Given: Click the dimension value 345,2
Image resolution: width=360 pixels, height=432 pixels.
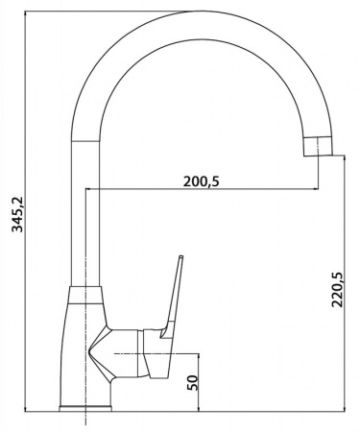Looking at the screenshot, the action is tap(17, 214).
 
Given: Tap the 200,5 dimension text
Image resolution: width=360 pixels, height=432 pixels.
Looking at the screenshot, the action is tap(202, 181).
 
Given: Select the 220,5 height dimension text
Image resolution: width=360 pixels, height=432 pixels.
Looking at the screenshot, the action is tap(337, 290).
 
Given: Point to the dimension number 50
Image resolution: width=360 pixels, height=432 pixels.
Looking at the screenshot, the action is tap(192, 382).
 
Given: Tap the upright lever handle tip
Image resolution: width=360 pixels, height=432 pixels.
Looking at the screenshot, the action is tap(180, 256).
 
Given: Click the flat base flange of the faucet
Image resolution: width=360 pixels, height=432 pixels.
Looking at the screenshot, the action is tap(85, 409).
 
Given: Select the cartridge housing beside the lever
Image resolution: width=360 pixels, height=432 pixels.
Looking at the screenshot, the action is tap(144, 353).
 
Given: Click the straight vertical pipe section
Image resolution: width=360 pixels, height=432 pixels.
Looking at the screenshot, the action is tap(85, 213).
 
